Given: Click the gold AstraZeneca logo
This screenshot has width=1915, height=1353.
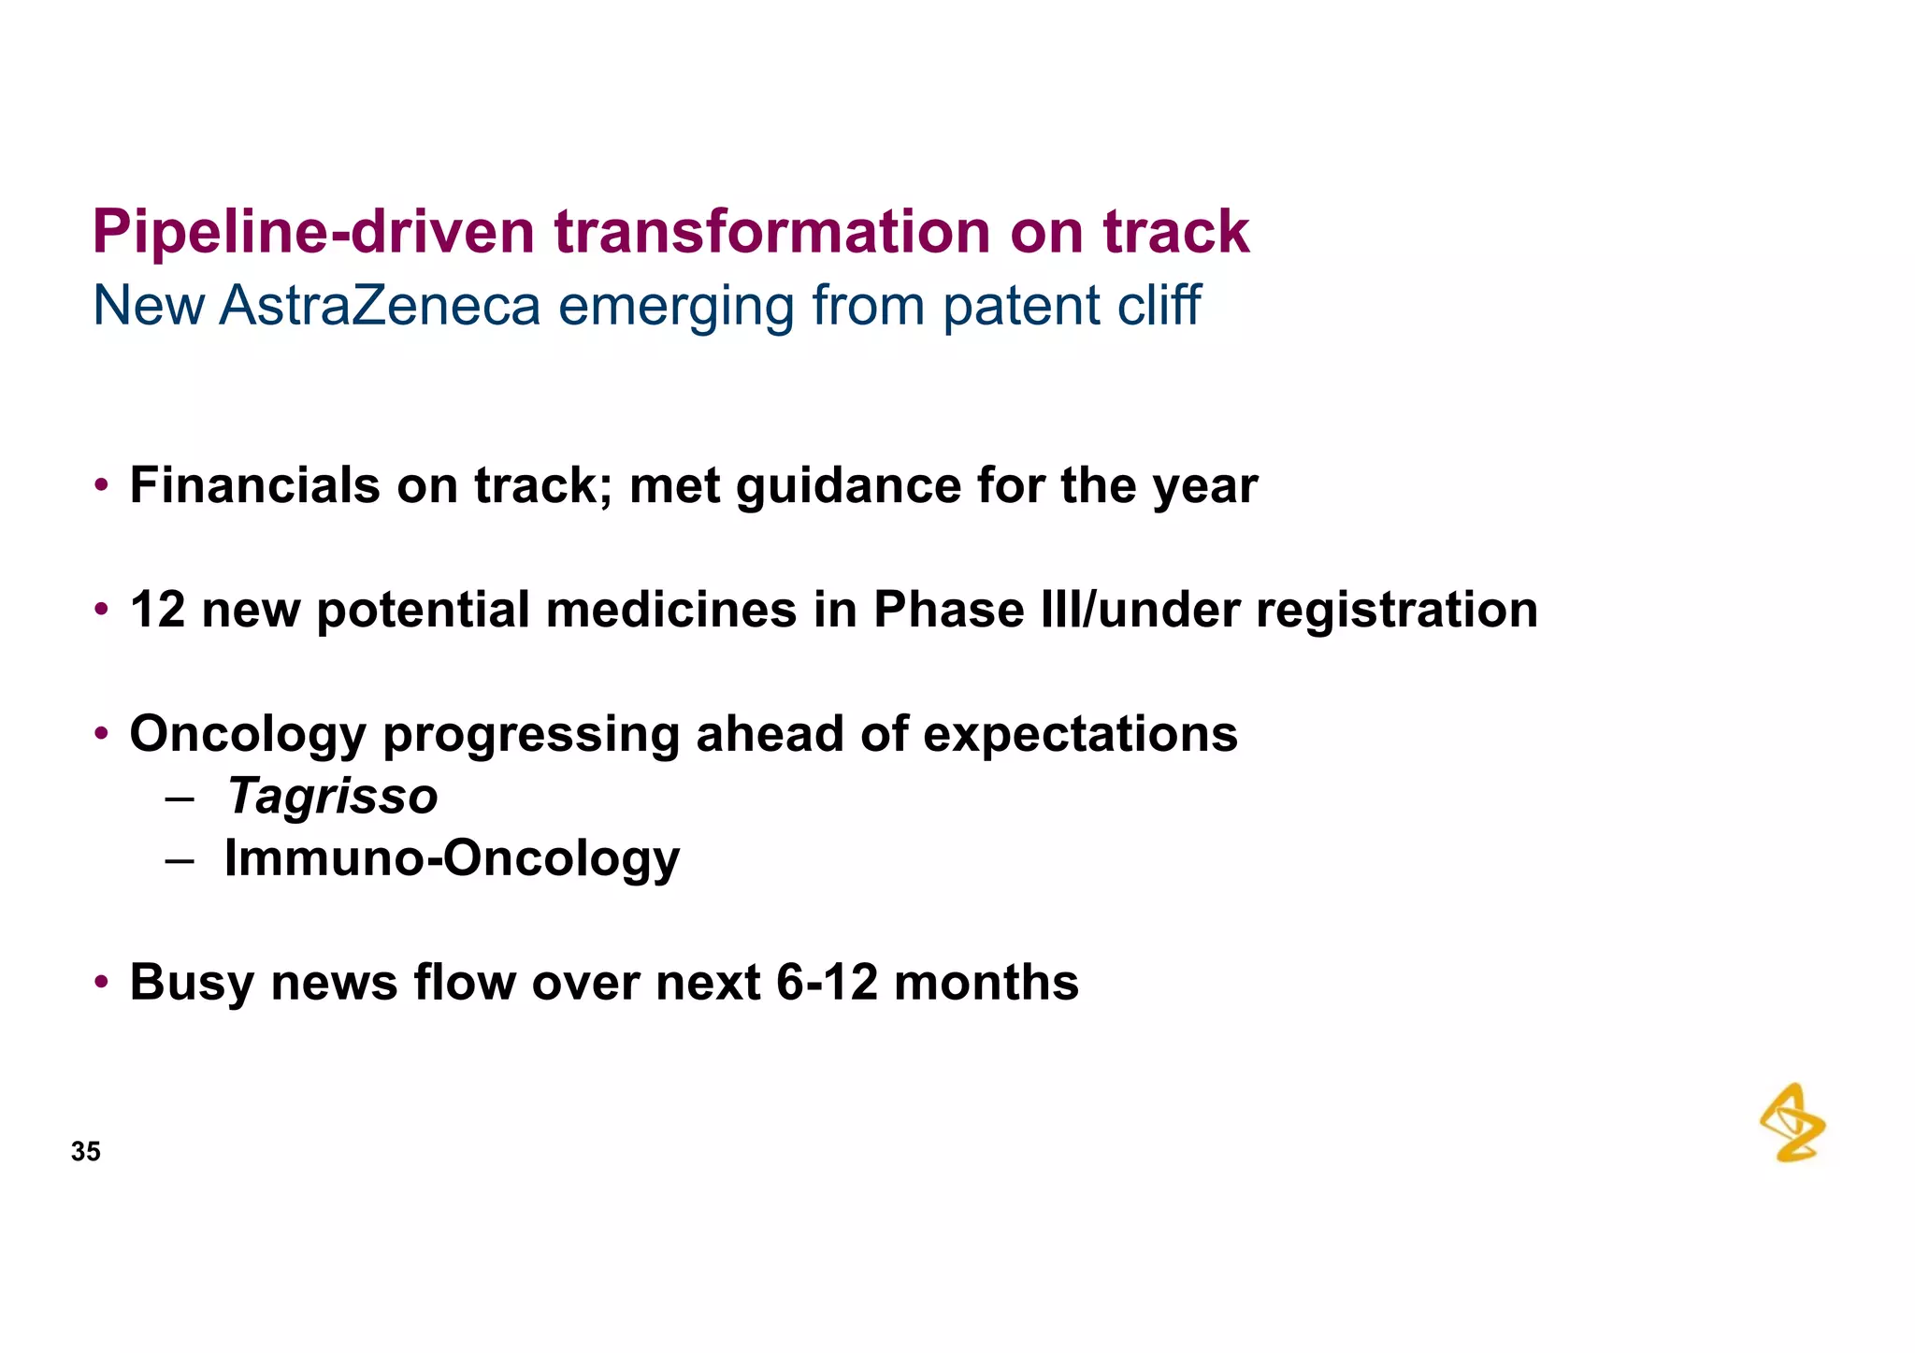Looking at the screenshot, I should coord(1792,1123).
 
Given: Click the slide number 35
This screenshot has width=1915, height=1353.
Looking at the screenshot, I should coord(85,1151).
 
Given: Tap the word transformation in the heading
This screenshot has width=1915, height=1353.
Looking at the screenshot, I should coord(771,232).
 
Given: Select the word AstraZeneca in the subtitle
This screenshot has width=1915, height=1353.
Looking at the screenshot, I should coord(380,306).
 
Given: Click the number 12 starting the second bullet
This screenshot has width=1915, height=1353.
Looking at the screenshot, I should coord(157,610).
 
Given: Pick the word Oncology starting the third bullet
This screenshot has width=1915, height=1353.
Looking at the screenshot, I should coord(247,735).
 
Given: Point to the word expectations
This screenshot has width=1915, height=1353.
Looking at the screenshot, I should coord(1080,735).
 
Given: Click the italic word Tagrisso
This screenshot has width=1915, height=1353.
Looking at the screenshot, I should coord(332,797).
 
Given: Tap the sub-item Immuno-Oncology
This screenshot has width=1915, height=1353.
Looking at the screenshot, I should coord(452,858).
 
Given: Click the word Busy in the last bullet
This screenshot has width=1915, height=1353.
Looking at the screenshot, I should coord(192,984).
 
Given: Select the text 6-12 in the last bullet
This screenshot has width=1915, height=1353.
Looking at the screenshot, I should coord(827,983).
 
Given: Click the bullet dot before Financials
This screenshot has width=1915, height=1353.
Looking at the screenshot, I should coord(101,486).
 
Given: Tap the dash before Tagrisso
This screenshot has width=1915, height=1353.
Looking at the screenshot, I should coord(179,799).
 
